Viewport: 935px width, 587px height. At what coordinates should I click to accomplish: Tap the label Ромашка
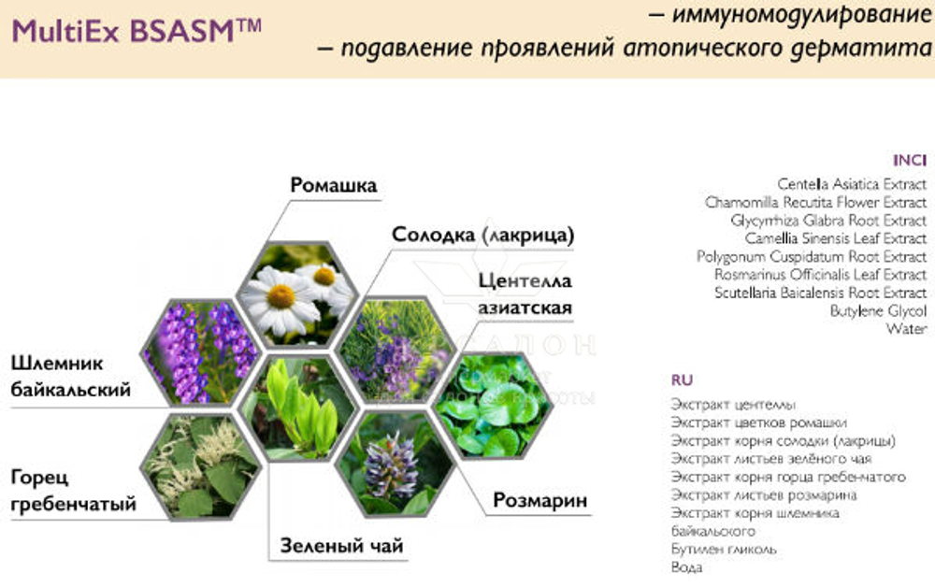[x=334, y=185]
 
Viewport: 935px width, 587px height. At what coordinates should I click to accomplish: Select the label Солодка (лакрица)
[x=482, y=234]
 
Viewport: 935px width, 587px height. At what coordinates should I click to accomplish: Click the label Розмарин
[x=540, y=501]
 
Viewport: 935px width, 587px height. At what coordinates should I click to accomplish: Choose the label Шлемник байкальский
[x=71, y=377]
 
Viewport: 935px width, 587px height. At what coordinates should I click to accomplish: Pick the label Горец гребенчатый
[x=73, y=491]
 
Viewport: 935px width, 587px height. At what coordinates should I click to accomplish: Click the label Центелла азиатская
[x=524, y=293]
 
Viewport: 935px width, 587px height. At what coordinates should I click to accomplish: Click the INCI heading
[x=909, y=160]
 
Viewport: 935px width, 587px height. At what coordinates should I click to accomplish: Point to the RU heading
[x=682, y=379]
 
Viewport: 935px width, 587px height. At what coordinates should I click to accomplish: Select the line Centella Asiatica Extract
[x=852, y=184]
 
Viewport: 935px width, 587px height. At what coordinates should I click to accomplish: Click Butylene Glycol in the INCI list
[x=878, y=310]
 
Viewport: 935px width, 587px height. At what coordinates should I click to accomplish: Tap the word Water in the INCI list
[x=906, y=329]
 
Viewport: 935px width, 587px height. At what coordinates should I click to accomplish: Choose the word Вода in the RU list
[x=686, y=567]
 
